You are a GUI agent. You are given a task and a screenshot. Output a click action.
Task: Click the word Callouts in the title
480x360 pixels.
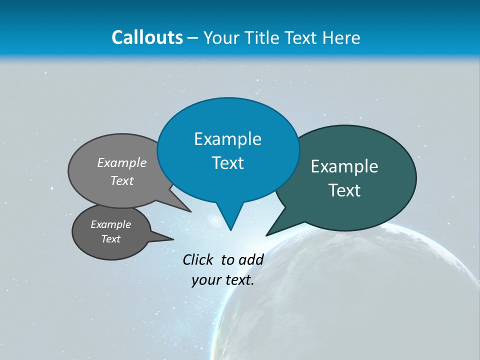(x=147, y=37)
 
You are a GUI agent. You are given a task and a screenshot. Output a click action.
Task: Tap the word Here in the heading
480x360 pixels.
(x=341, y=38)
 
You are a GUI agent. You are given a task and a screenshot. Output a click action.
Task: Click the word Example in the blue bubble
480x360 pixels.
(x=227, y=139)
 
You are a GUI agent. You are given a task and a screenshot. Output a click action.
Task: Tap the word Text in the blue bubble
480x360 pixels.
(x=227, y=163)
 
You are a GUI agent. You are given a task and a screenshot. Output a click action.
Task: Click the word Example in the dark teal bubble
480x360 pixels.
(x=344, y=166)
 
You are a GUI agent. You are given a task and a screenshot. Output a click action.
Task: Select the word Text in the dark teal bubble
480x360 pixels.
(x=344, y=190)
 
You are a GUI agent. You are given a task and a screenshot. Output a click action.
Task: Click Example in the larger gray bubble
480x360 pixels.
(x=122, y=162)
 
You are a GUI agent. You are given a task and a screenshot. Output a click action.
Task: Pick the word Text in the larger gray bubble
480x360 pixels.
(x=122, y=180)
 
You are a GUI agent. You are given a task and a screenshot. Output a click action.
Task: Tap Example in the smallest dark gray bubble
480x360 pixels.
(x=110, y=224)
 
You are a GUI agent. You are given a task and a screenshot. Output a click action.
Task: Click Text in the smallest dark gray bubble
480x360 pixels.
(x=110, y=239)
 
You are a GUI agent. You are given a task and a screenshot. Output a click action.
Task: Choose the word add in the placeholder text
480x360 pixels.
(x=251, y=259)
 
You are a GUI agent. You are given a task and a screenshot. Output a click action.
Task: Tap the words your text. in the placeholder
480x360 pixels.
(x=223, y=280)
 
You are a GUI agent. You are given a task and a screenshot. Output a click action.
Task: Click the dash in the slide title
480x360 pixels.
(x=193, y=38)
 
